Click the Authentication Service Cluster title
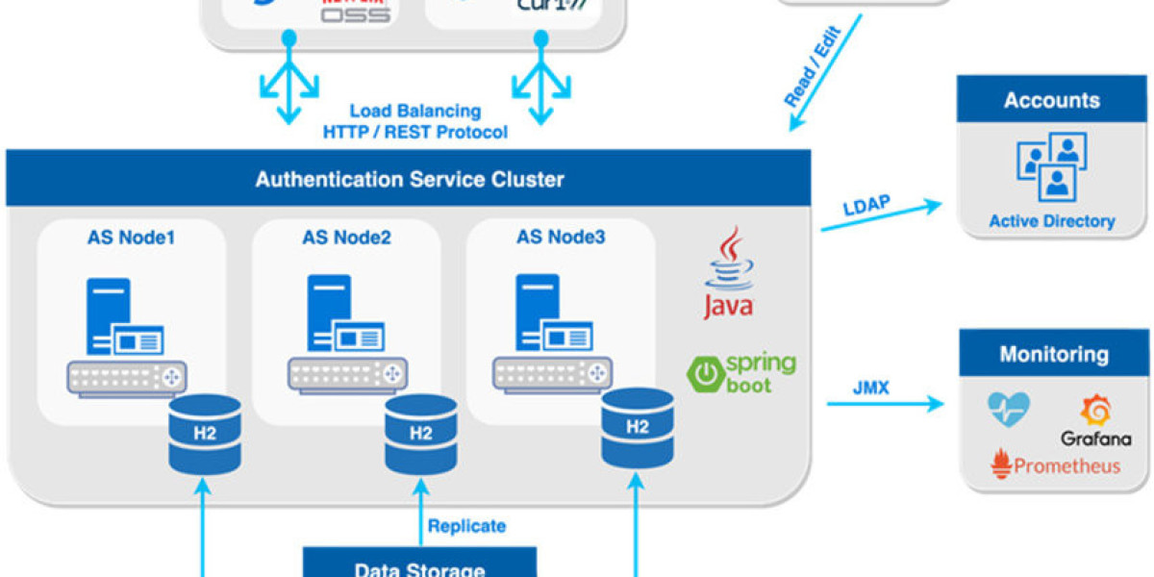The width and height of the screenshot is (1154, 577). tap(410, 179)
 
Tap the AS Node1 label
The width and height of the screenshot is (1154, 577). tap(131, 238)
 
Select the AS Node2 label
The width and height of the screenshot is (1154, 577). tap(346, 238)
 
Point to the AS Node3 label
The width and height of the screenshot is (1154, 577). tap(561, 237)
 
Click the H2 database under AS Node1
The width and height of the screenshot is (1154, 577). tap(204, 434)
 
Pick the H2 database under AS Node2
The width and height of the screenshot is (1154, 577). tap(420, 434)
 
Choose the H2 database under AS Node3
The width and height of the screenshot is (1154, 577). tap(637, 428)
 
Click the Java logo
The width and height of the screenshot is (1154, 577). tap(728, 273)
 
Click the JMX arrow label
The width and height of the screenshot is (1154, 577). tap(870, 389)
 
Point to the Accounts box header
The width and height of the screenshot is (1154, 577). tap(1051, 100)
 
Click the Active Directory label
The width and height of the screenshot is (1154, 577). tap(1051, 221)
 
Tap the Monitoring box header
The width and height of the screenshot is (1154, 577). tap(1053, 354)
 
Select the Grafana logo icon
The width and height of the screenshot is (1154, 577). tap(1095, 412)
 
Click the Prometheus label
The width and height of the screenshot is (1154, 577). tap(1055, 465)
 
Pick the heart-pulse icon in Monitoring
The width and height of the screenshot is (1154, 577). tap(1009, 410)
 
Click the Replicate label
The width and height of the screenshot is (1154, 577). tap(466, 526)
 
